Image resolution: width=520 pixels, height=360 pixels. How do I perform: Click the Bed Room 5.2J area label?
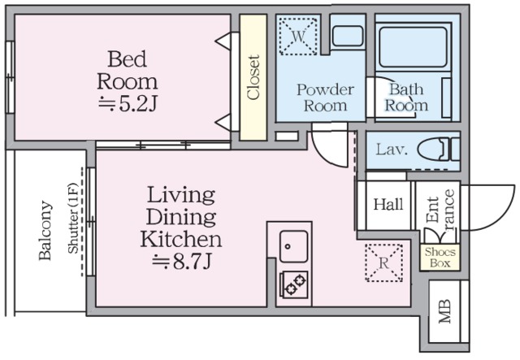pyautogui.click(x=128, y=81)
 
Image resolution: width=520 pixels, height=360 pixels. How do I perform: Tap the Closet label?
pyautogui.click(x=253, y=77)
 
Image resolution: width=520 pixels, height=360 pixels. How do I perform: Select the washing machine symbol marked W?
pyautogui.click(x=298, y=37)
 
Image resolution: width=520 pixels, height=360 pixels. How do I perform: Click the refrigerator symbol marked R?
pyautogui.click(x=383, y=262)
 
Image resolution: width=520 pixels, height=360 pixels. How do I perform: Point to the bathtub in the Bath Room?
pyautogui.click(x=413, y=47)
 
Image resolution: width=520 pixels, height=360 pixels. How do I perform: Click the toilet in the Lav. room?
pyautogui.click(x=439, y=150)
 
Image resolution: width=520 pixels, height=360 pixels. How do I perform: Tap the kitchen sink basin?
pyautogui.click(x=293, y=246)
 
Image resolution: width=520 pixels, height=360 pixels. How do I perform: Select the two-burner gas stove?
pyautogui.click(x=294, y=284)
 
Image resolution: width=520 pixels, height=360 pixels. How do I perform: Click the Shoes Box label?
pyautogui.click(x=440, y=258)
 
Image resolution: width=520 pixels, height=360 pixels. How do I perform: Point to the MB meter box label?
pyautogui.click(x=444, y=311)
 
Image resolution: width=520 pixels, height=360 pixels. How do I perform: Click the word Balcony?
pyautogui.click(x=45, y=230)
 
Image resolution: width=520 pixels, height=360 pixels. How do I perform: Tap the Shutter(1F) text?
pyautogui.click(x=72, y=218)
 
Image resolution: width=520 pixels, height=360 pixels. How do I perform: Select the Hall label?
pyautogui.click(x=388, y=204)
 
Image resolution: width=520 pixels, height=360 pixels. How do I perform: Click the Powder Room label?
pyautogui.click(x=325, y=98)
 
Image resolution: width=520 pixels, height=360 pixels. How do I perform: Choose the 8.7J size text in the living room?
pyautogui.click(x=182, y=262)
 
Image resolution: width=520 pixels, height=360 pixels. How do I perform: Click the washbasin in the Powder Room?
pyautogui.click(x=347, y=36)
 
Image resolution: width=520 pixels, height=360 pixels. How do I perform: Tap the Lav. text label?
pyautogui.click(x=392, y=150)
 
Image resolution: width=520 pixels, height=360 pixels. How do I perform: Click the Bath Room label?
pyautogui.click(x=406, y=98)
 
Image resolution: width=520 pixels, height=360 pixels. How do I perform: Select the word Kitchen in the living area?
pyautogui.click(x=181, y=239)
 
